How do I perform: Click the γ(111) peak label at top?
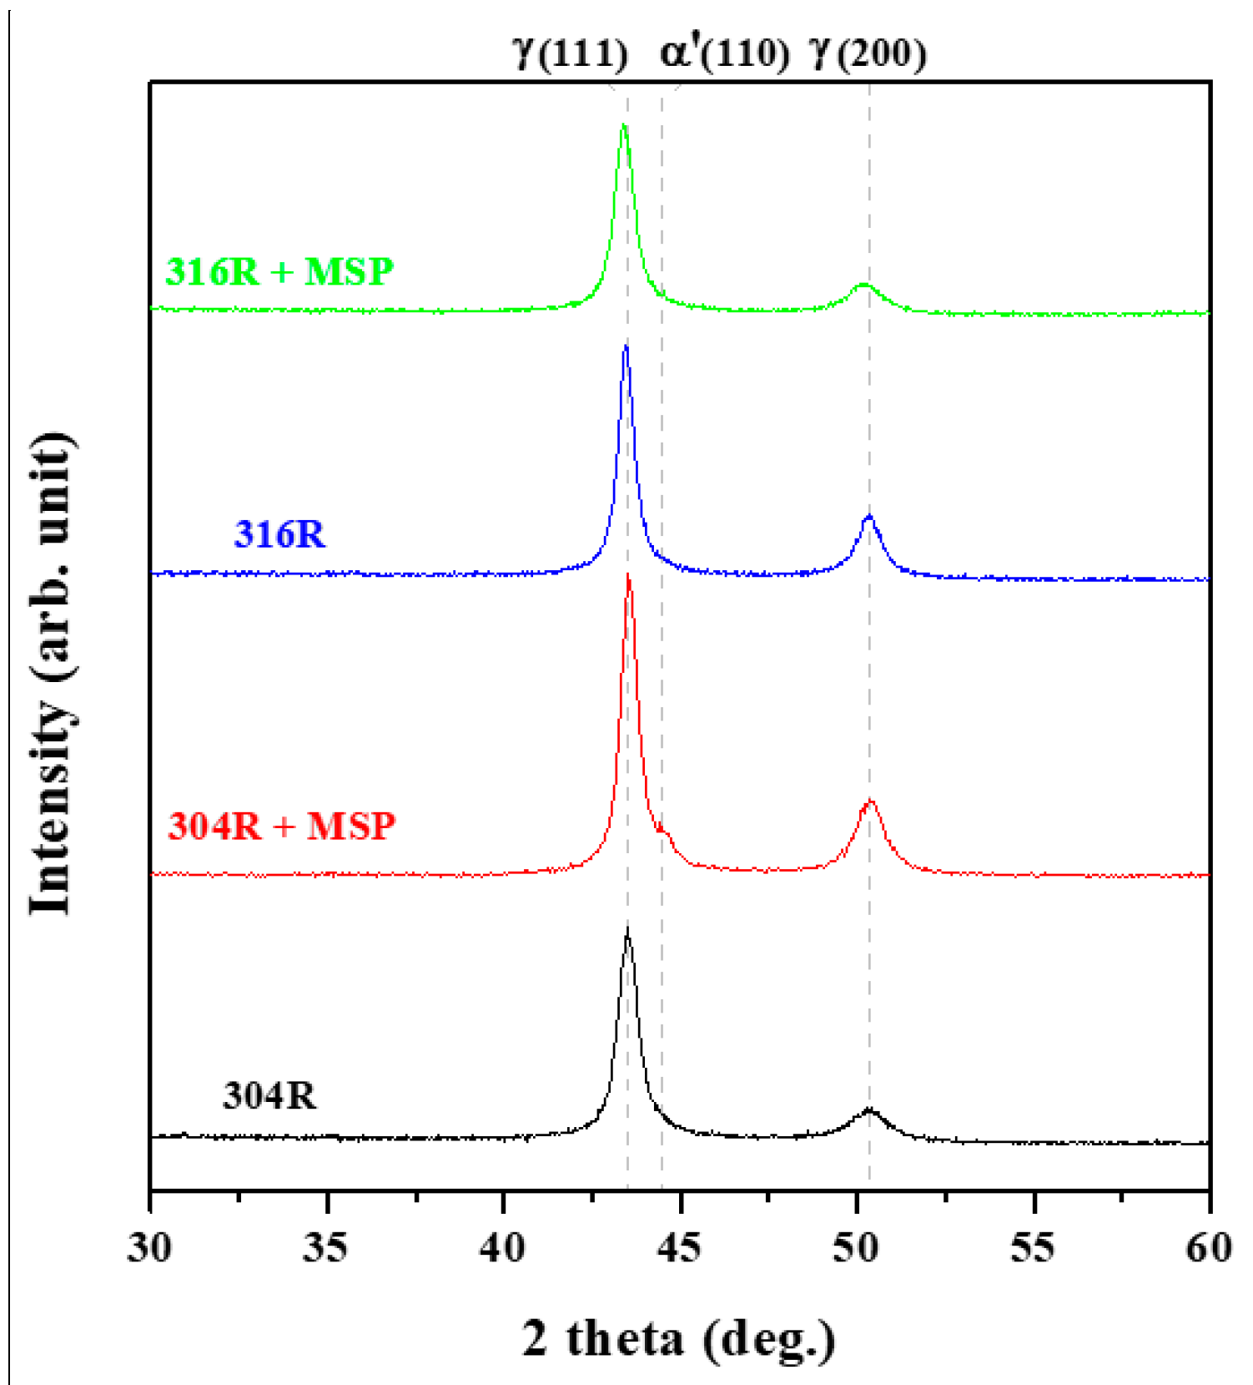coord(571,53)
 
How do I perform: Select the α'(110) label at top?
coord(724,53)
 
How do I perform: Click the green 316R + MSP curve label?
coord(279,272)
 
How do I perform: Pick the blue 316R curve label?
coord(279,534)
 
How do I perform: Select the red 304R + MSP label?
coord(281,826)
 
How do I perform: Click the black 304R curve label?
coord(269,1096)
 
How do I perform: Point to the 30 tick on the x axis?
coord(150,1248)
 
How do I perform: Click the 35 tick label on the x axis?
coord(326,1248)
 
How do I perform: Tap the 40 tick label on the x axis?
coord(503,1248)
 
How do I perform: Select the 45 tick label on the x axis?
coord(680,1248)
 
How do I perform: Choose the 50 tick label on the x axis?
coord(856,1248)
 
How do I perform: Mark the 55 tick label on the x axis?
coord(1033,1248)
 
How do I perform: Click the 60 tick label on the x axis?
coord(1209,1248)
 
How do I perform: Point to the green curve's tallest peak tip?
coord(623,125)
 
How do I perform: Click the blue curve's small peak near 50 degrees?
coord(869,517)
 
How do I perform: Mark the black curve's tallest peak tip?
coord(627,928)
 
